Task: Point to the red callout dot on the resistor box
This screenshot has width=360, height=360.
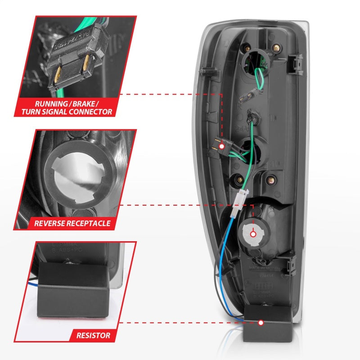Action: coord(261,323)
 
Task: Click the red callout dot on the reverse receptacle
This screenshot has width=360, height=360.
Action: coord(253,234)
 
